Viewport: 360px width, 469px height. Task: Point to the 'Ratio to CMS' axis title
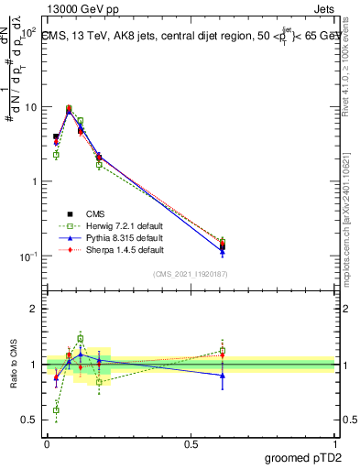point(14,364)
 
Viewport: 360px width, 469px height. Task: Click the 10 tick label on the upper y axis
point(29,107)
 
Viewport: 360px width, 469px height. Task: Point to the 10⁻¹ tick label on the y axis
point(27,256)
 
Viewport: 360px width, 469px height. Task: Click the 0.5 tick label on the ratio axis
point(30,420)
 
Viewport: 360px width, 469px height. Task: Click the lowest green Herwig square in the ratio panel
point(56,409)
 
